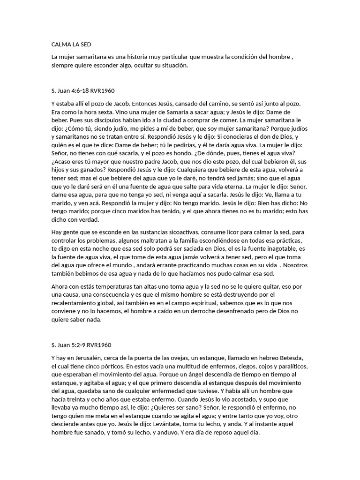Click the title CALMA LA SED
(71, 45)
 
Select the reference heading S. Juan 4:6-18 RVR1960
(82, 90)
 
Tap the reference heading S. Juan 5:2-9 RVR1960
(81, 345)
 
